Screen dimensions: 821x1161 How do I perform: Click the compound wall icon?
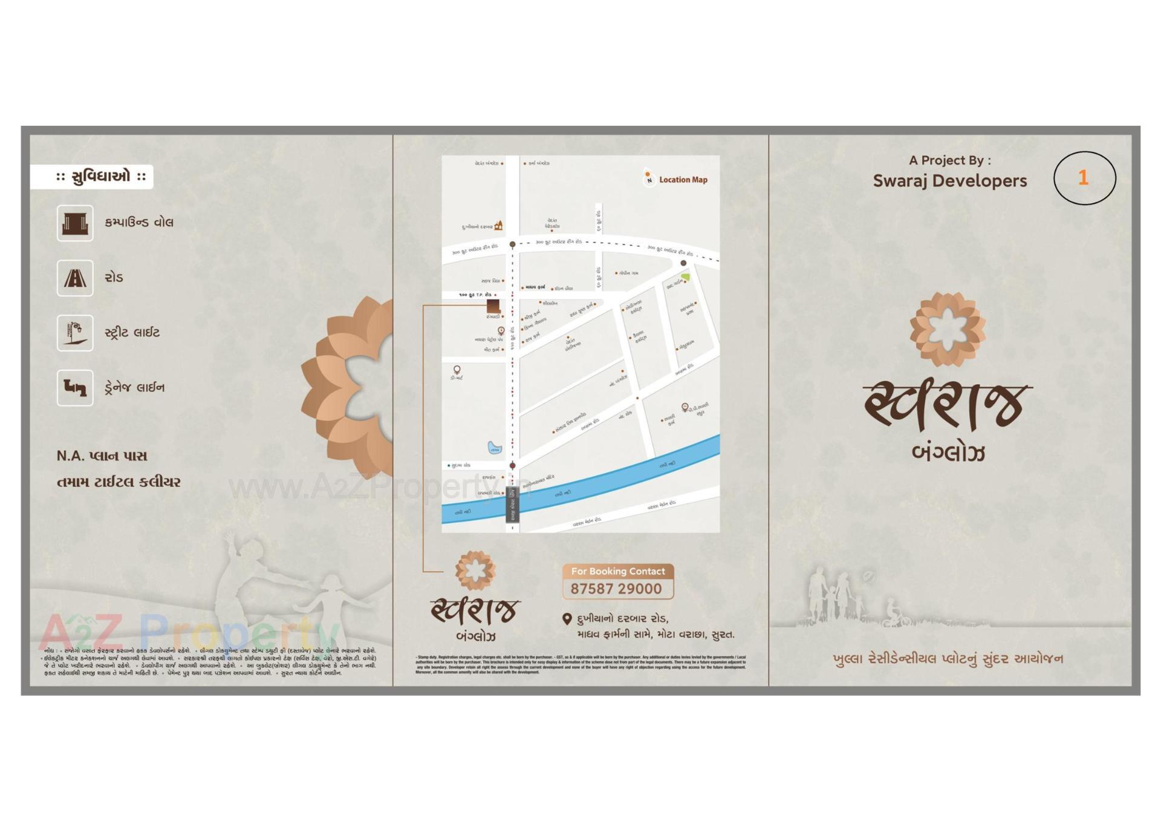(75, 223)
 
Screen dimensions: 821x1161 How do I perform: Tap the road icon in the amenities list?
(75, 278)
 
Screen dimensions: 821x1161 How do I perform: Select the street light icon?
(75, 333)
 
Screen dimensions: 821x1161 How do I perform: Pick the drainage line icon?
(75, 388)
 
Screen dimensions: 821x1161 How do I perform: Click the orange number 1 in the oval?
(1083, 177)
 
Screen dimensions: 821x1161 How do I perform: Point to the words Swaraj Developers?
(949, 181)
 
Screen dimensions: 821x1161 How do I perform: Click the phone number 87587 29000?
(616, 589)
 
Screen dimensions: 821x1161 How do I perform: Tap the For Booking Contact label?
(617, 571)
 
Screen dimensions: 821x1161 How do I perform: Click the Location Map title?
(683, 180)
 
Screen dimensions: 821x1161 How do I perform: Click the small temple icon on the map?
(498, 226)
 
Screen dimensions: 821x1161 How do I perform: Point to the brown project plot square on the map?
(493, 306)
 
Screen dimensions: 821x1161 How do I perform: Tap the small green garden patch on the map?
(685, 277)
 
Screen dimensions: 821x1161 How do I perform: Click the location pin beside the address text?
(567, 619)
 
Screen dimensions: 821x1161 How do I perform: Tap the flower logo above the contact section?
(475, 570)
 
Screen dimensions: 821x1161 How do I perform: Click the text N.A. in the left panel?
(68, 456)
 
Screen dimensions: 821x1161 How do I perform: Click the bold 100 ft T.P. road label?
(475, 295)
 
